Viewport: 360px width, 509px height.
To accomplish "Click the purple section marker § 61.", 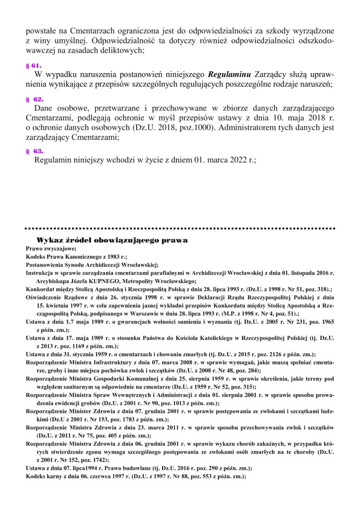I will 33,66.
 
